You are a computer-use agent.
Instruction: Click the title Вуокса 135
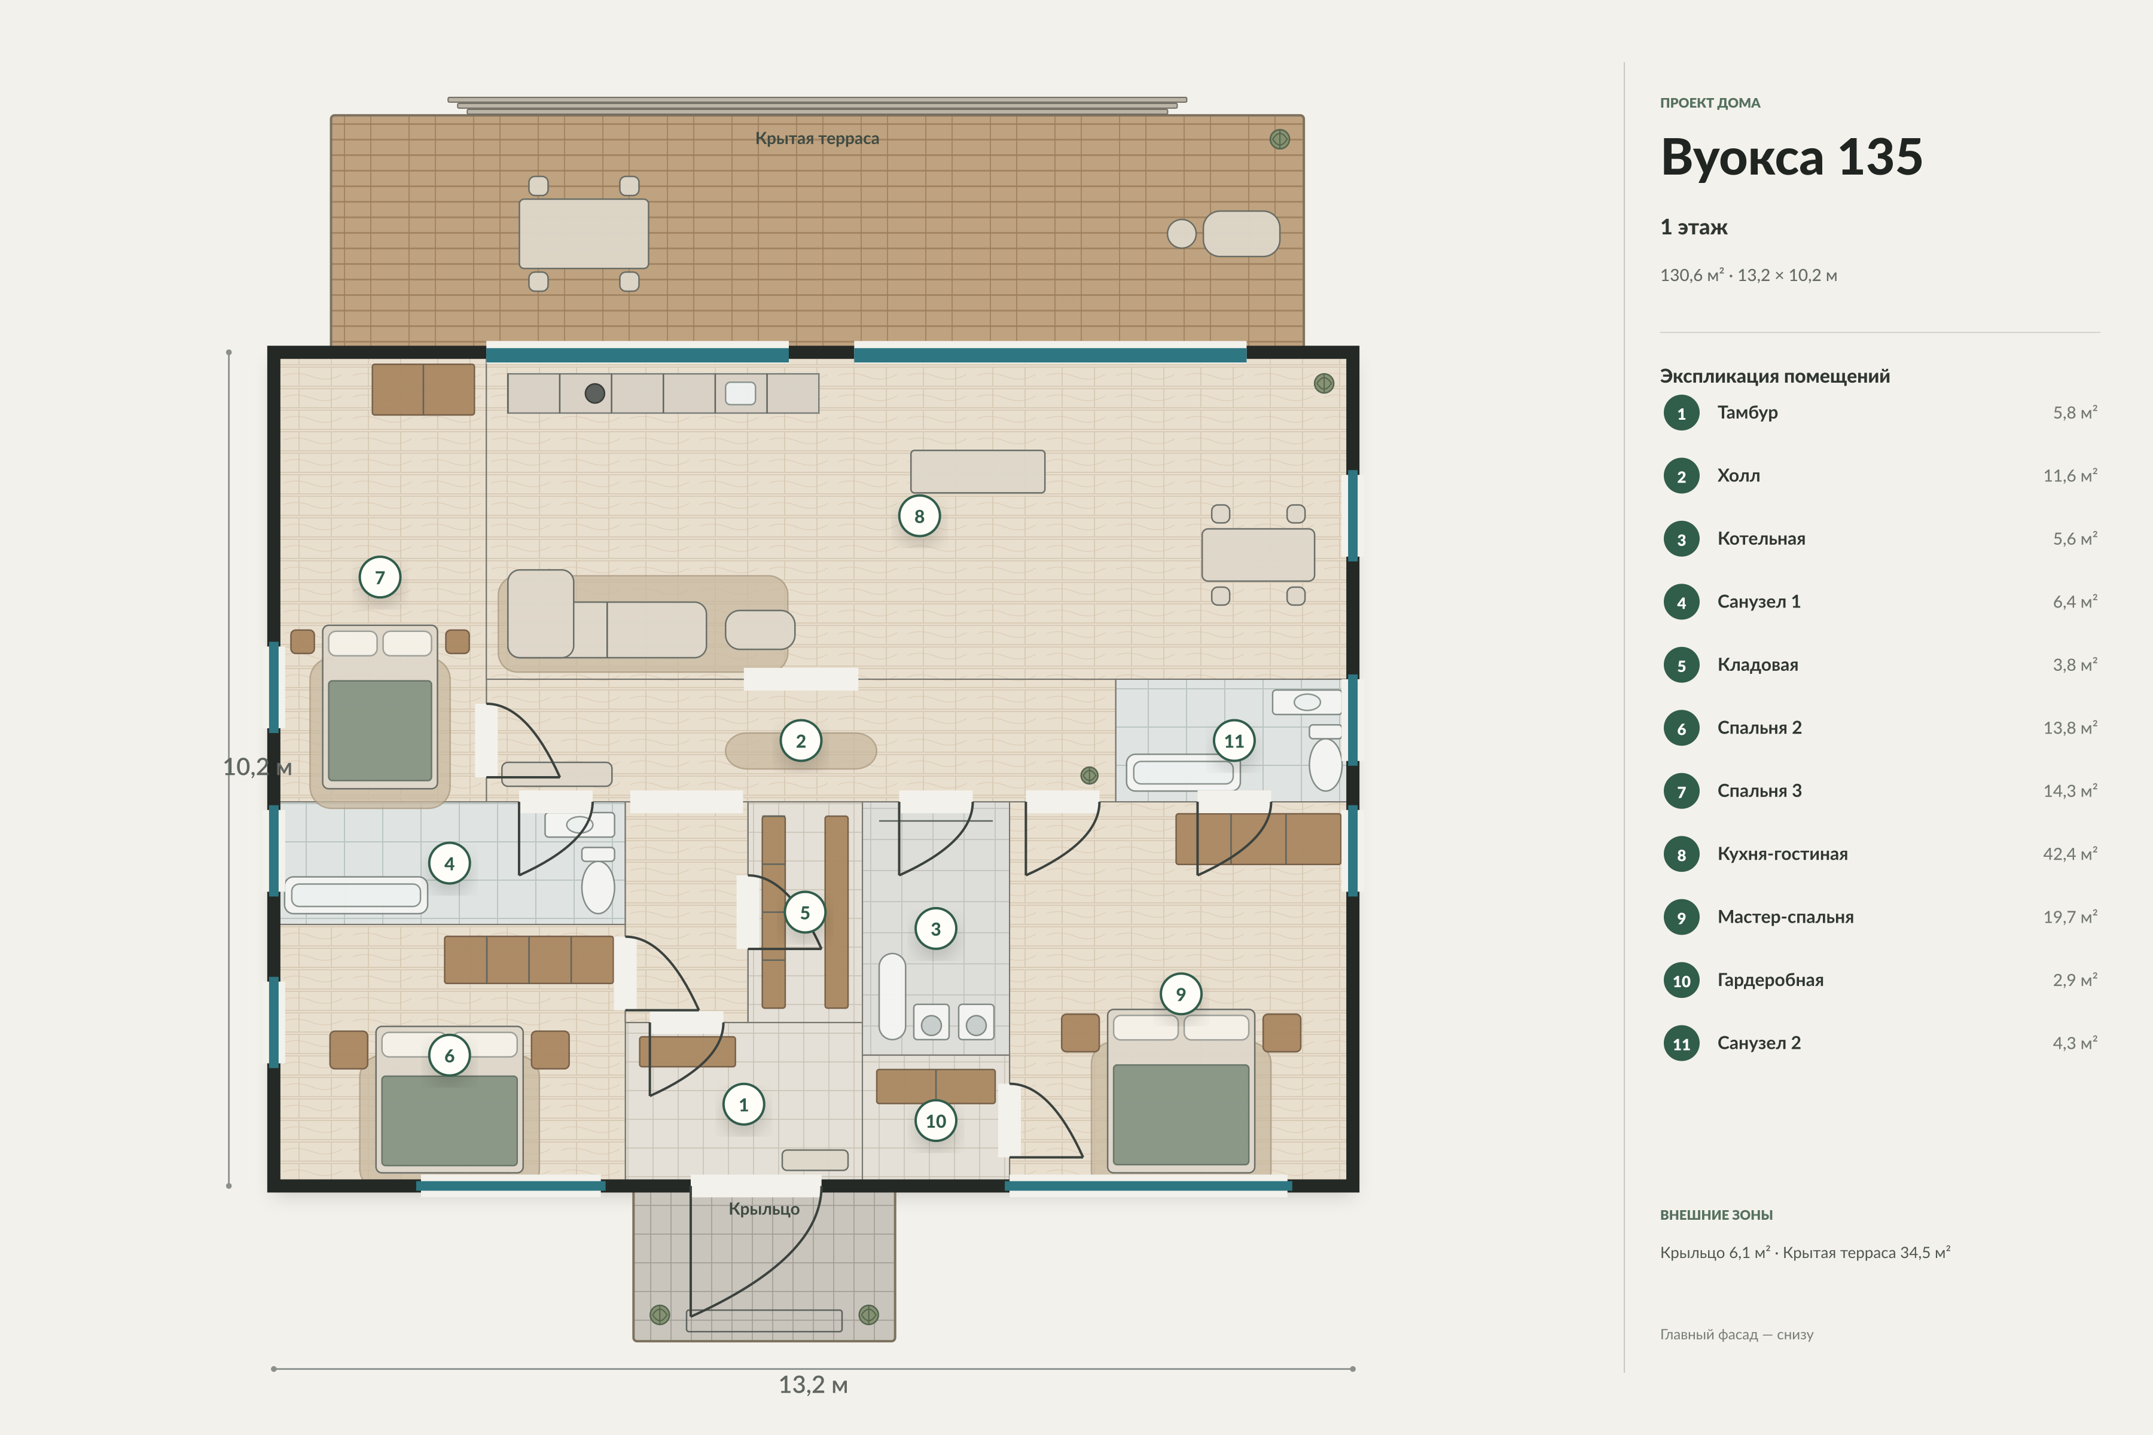pos(1791,157)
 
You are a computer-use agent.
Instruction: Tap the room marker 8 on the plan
pos(919,516)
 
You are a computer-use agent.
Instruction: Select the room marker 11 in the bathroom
pos(1234,741)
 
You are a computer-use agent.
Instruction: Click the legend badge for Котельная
pos(1681,539)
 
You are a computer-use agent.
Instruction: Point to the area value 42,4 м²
pos(2070,854)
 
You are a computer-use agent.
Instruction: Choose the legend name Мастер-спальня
pos(1785,917)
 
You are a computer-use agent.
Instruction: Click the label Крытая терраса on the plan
pos(816,138)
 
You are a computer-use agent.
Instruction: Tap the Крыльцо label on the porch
pos(764,1209)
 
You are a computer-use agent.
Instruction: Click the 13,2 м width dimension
pos(813,1385)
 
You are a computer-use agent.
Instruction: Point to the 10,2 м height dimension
pos(257,767)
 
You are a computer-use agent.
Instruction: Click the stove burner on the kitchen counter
pos(595,393)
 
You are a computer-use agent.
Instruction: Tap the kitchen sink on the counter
pos(740,393)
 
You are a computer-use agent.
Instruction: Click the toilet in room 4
pos(597,880)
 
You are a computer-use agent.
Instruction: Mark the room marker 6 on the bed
pos(450,1055)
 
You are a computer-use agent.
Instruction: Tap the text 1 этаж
pos(1694,227)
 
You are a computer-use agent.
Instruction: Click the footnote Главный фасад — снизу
pos(1737,1335)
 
